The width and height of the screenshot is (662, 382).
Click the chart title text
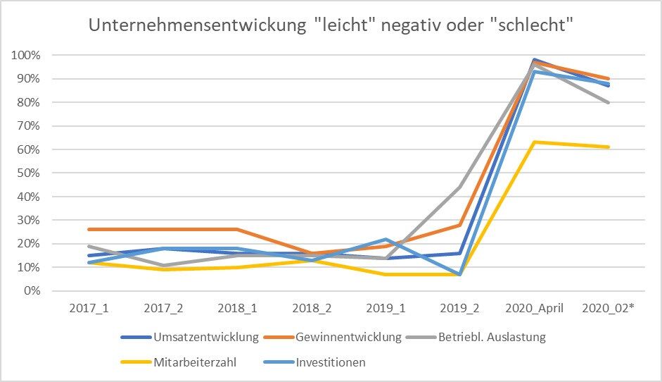pyautogui.click(x=331, y=25)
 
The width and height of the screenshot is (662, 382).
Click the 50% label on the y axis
pyautogui.click(x=30, y=173)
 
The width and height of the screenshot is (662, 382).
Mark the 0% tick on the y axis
pyautogui.click(x=33, y=290)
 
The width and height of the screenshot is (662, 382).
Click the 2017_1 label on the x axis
pyautogui.click(x=89, y=309)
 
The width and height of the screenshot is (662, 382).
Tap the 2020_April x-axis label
pyautogui.click(x=535, y=309)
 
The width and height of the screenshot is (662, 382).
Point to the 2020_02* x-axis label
pyautogui.click(x=608, y=309)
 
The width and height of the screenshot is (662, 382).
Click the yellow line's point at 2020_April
pyautogui.click(x=535, y=142)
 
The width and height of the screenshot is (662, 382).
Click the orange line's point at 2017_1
pyautogui.click(x=89, y=229)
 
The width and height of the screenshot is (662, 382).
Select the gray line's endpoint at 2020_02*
pyautogui.click(x=608, y=102)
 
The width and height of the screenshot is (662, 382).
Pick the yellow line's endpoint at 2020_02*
pyautogui.click(x=608, y=147)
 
